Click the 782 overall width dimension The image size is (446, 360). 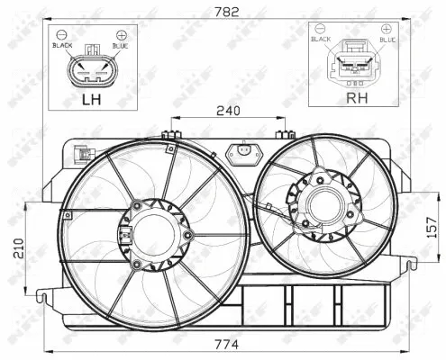221,11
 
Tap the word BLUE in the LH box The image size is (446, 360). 119,44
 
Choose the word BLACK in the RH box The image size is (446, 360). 321,40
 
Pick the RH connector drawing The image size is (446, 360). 352,65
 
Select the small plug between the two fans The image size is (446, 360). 241,154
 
